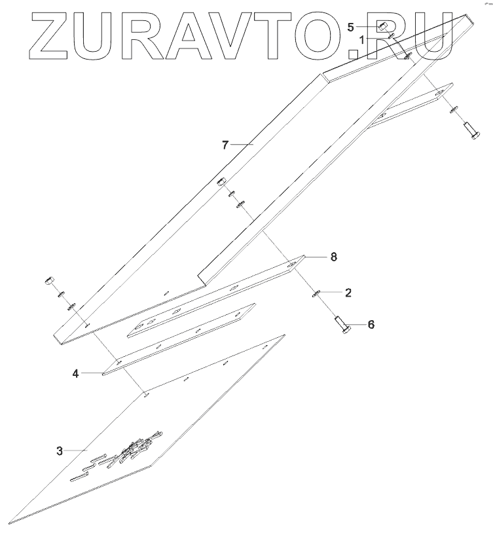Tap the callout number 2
tap(348, 293)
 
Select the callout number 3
tap(60, 450)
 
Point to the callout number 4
tap(76, 374)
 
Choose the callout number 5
tap(351, 28)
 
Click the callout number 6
tap(371, 324)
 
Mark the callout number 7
tap(225, 145)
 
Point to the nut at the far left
tap(48, 282)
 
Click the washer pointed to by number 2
tap(316, 293)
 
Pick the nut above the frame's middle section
tap(221, 181)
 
